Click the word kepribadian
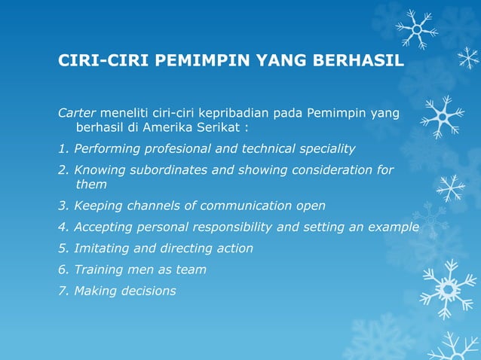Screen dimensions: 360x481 pyautogui.click(x=216, y=113)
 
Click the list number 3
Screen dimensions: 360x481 pyautogui.click(x=62, y=206)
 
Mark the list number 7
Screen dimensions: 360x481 pyautogui.click(x=62, y=290)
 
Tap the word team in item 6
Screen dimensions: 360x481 pyautogui.click(x=191, y=269)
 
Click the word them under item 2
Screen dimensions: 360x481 pyautogui.click(x=91, y=185)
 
